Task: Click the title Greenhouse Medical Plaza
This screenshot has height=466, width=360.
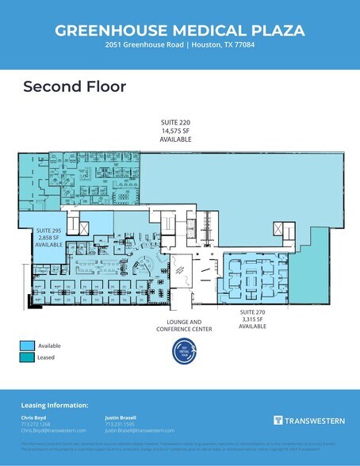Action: pos(179,30)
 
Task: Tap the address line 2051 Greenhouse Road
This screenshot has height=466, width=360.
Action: pos(179,46)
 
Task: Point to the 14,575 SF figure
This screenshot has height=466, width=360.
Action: pos(175,132)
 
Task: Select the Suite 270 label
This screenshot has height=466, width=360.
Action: pos(253,312)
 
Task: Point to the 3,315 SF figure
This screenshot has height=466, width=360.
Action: pos(253,319)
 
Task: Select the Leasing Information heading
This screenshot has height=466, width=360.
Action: pos(54,405)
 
